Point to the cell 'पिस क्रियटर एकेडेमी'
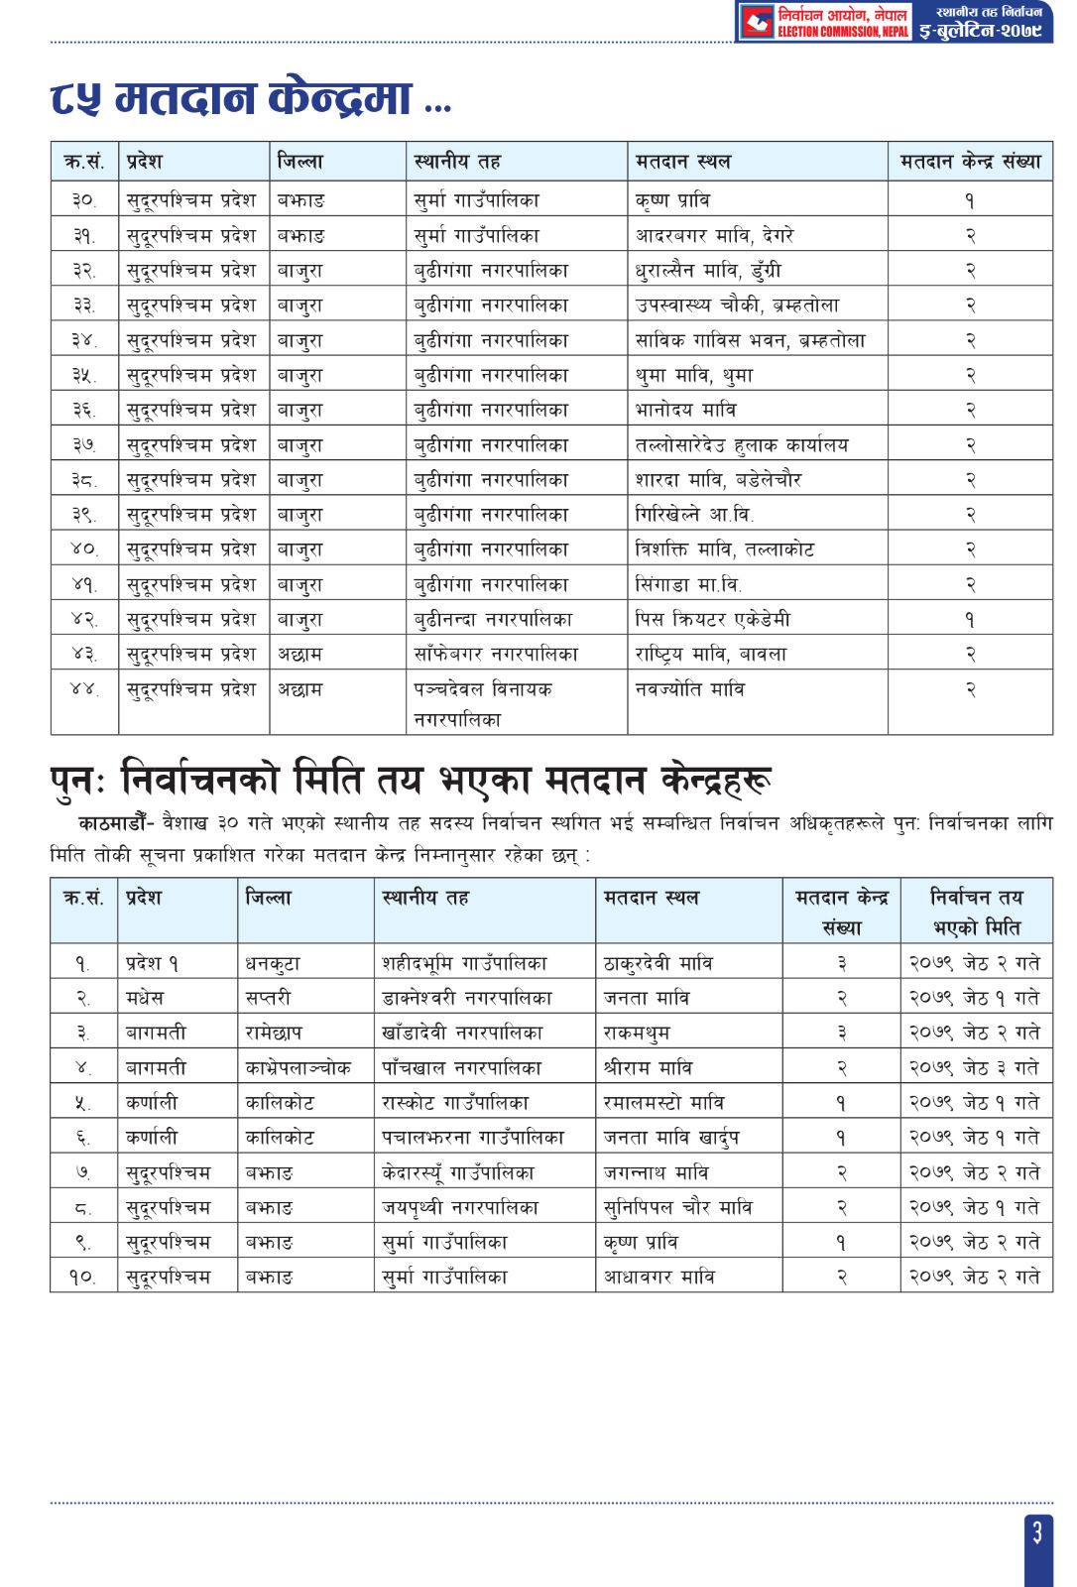713,620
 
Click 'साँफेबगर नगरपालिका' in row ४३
496,655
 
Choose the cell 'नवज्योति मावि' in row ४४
690,689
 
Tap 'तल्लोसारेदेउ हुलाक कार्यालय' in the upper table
742,445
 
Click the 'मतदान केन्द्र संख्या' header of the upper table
970,162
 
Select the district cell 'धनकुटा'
273,963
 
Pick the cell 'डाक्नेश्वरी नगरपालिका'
467,998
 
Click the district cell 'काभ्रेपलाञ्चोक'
298,1068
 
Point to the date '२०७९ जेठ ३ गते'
975,1068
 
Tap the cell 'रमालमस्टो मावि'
663,1103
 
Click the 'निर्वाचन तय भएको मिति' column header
976,913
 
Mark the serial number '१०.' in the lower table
83,1278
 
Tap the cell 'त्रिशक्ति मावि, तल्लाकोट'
725,549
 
